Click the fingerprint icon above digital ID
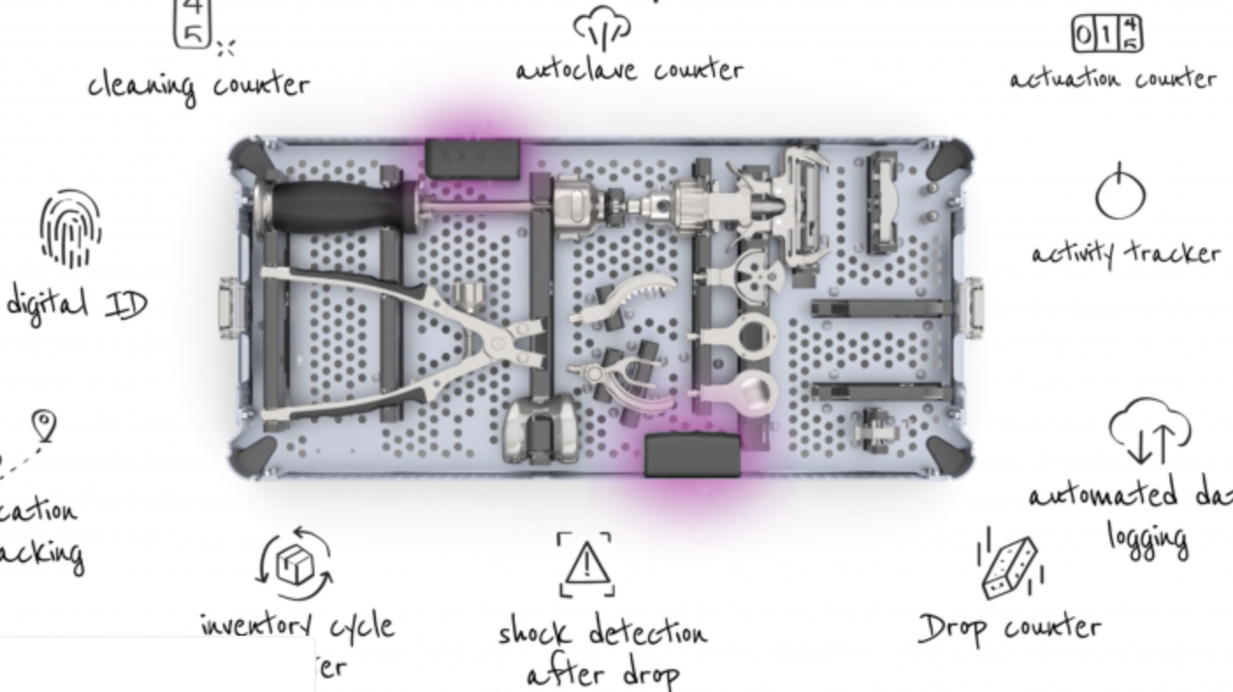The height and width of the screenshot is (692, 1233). pos(70,229)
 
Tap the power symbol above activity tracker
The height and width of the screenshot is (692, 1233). pos(1120,192)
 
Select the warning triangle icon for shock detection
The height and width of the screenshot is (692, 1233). pos(587,564)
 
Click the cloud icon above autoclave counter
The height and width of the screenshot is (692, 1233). pos(602,27)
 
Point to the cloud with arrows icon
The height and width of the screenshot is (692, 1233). pos(1150,431)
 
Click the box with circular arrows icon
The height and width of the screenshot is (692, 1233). pos(295,563)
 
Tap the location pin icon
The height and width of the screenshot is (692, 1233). pos(44,426)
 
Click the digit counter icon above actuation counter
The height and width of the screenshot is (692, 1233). pos(1107,35)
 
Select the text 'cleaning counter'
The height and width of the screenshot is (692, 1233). pos(198,85)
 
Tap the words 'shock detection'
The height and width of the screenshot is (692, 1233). pos(602,633)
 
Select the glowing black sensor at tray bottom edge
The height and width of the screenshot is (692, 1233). pos(692,455)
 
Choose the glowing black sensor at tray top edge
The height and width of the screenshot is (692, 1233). pos(472,159)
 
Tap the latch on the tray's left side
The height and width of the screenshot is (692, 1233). pos(230,306)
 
